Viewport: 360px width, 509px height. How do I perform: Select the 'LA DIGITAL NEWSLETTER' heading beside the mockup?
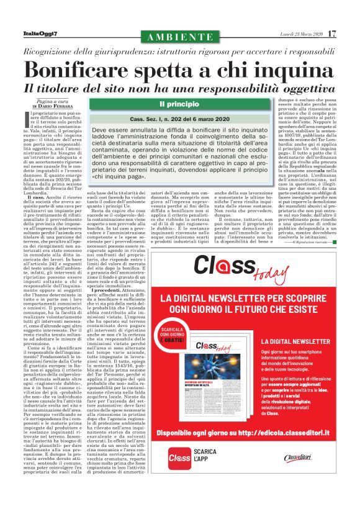pyautogui.click(x=295, y=341)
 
